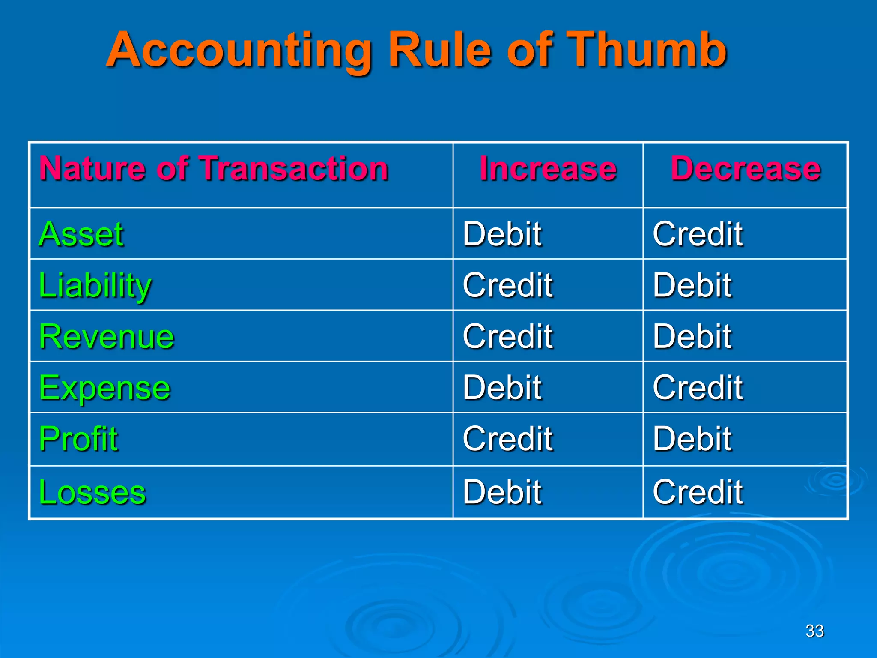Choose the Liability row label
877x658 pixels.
[95, 285]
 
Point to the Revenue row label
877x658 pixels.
[107, 337]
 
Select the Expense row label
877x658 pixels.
[105, 388]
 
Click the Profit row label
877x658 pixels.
[78, 439]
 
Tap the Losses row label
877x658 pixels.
[92, 492]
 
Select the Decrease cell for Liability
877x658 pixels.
[692, 285]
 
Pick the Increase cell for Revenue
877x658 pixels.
[508, 337]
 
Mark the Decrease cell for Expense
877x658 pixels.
[698, 388]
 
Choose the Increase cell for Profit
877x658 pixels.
[508, 439]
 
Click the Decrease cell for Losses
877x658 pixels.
[698, 492]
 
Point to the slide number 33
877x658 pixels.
[814, 631]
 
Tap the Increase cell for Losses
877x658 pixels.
[502, 492]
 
